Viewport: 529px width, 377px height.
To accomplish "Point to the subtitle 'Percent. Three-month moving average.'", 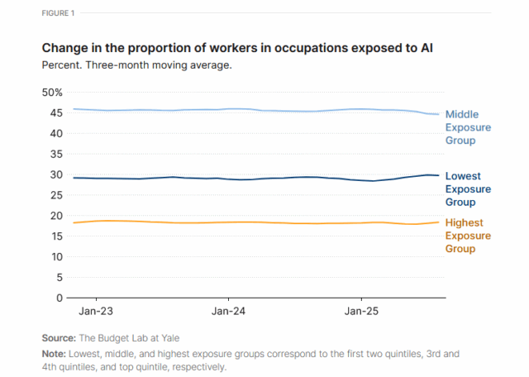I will [x=136, y=64].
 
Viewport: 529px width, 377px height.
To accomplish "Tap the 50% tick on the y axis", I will [x=52, y=93].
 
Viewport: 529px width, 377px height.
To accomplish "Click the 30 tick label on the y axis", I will [x=55, y=174].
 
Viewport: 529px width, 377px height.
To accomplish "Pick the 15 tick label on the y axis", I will [x=55, y=236].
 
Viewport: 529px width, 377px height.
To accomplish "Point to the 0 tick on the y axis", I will [x=59, y=297].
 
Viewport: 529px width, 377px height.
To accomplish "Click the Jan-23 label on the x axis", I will [x=96, y=313].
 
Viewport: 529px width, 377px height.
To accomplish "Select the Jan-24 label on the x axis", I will [x=228, y=313].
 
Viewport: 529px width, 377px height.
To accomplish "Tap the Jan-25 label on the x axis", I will [x=361, y=313].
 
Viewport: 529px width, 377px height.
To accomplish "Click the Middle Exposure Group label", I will [x=468, y=127].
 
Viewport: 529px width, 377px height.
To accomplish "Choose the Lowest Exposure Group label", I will [x=468, y=188].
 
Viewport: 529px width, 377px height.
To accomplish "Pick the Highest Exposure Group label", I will [x=468, y=236].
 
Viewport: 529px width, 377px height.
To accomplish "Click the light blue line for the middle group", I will [x=248, y=109].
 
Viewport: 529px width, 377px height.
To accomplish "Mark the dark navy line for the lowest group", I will [x=248, y=179].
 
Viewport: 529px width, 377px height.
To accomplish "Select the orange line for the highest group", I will [x=248, y=222].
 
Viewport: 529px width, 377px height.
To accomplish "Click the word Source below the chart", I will [x=59, y=338].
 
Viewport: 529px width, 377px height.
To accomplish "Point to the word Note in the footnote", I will [x=55, y=353].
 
